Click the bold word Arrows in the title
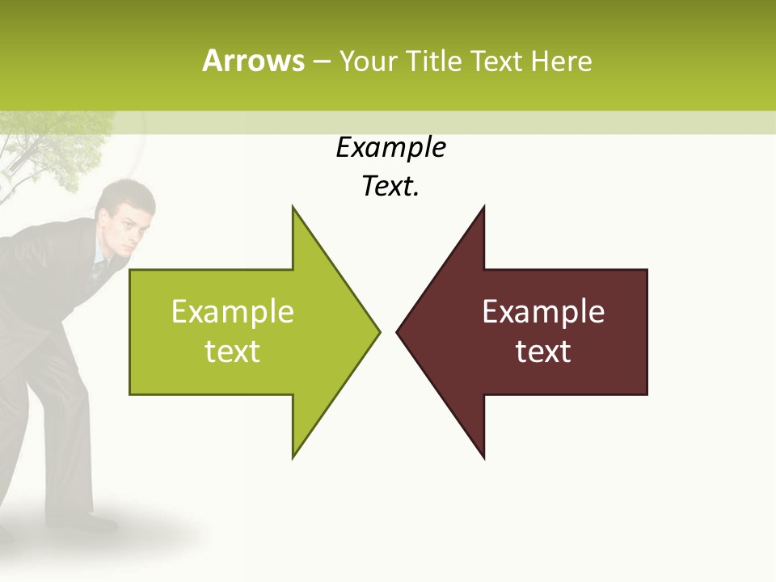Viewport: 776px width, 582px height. click(253, 61)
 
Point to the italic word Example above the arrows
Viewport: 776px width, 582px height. click(390, 148)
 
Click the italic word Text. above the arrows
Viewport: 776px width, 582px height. click(390, 187)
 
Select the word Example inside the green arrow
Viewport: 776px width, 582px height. click(233, 312)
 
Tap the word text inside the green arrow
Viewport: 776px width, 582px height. click(233, 352)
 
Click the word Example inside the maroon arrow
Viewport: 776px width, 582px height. click(543, 312)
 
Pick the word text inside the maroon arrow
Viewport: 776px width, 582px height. click(543, 352)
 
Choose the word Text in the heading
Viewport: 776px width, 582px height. click(496, 61)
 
